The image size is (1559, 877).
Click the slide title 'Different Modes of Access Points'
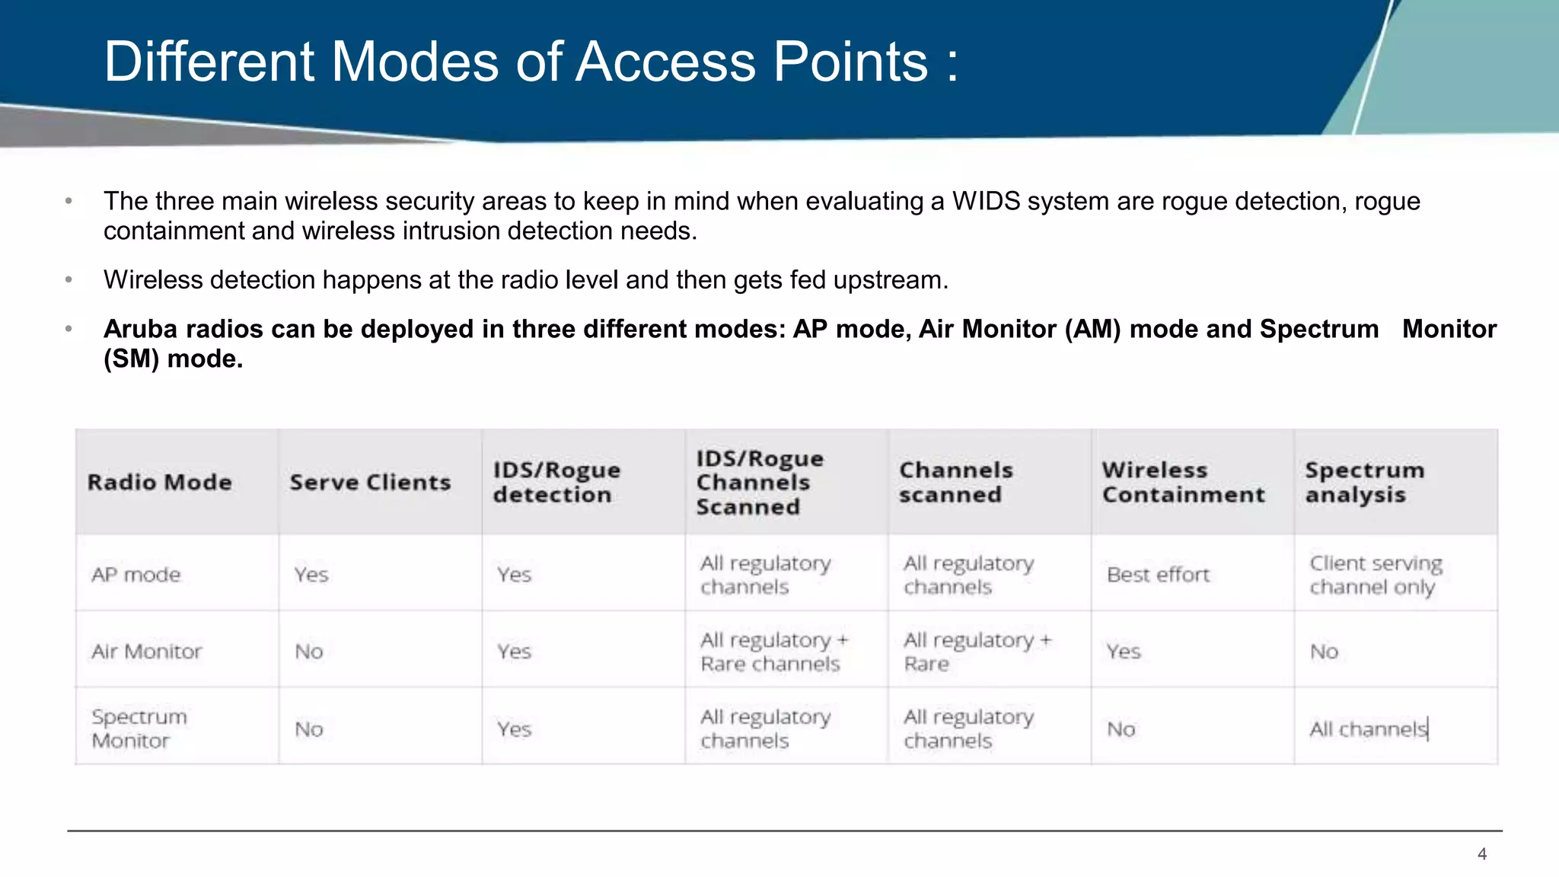pyautogui.click(x=531, y=62)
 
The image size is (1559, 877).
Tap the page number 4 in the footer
pyautogui.click(x=1481, y=854)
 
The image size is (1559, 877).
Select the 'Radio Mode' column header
pyautogui.click(x=159, y=483)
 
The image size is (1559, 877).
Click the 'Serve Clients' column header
pyautogui.click(x=370, y=483)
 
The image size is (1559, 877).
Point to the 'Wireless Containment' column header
pyautogui.click(x=1183, y=483)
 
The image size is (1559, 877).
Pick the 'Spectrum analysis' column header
pyautogui.click(x=1364, y=483)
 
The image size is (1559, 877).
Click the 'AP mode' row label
pyautogui.click(x=136, y=575)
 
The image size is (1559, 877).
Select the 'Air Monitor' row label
pyautogui.click(x=147, y=652)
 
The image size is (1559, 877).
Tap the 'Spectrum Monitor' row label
pyautogui.click(x=139, y=729)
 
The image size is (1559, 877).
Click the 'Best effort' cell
pyautogui.click(x=1158, y=575)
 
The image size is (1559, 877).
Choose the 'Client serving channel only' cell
pyautogui.click(x=1376, y=575)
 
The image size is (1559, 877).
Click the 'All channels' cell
pyautogui.click(x=1368, y=729)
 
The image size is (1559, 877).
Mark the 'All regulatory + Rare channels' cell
pyautogui.click(x=774, y=652)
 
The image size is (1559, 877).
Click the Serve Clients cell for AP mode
pyautogui.click(x=311, y=575)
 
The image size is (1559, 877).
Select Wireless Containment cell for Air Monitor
pyautogui.click(x=1124, y=652)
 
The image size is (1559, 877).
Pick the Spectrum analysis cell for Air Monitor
pyautogui.click(x=1324, y=652)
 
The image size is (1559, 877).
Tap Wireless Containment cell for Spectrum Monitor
pyautogui.click(x=1121, y=729)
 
